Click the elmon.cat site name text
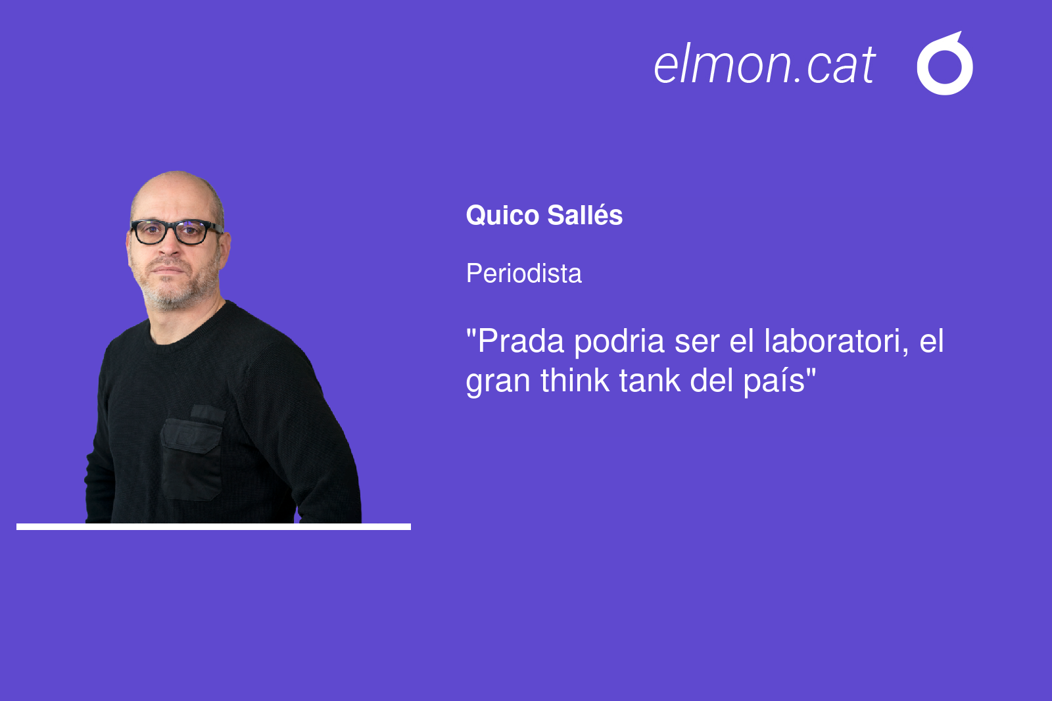tap(764, 65)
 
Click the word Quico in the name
tap(502, 216)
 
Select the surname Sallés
tap(585, 215)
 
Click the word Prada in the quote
tap(521, 341)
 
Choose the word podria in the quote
tap(619, 342)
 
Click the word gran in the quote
tap(498, 383)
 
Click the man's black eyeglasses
tap(176, 231)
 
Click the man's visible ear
tap(224, 251)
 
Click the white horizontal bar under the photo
tap(214, 527)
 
